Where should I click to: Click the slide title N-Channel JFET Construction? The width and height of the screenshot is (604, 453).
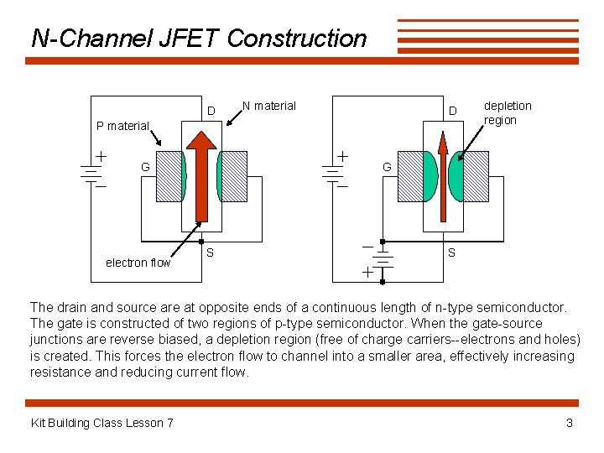pyautogui.click(x=199, y=39)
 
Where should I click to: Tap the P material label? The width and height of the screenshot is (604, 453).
pyautogui.click(x=122, y=127)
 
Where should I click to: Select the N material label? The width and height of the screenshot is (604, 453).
pyautogui.click(x=268, y=106)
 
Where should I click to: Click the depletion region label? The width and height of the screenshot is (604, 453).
pyautogui.click(x=507, y=112)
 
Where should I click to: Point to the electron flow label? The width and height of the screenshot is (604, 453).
pyautogui.click(x=138, y=263)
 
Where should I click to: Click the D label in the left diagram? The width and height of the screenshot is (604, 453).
pyautogui.click(x=211, y=111)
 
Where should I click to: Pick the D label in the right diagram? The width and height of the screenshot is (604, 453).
pyautogui.click(x=452, y=111)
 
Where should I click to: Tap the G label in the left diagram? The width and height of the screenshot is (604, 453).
pyautogui.click(x=145, y=167)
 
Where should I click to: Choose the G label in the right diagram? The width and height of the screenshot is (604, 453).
pyautogui.click(x=387, y=167)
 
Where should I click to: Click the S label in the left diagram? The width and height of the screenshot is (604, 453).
pyautogui.click(x=210, y=253)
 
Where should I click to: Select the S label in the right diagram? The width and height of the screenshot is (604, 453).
pyautogui.click(x=451, y=253)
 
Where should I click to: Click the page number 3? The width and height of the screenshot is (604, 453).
pyautogui.click(x=570, y=423)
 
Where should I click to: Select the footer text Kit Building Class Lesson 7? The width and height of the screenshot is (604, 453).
pyautogui.click(x=102, y=423)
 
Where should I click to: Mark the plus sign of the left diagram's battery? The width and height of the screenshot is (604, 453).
pyautogui.click(x=101, y=155)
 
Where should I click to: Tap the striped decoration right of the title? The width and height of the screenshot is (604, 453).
pyautogui.click(x=487, y=37)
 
